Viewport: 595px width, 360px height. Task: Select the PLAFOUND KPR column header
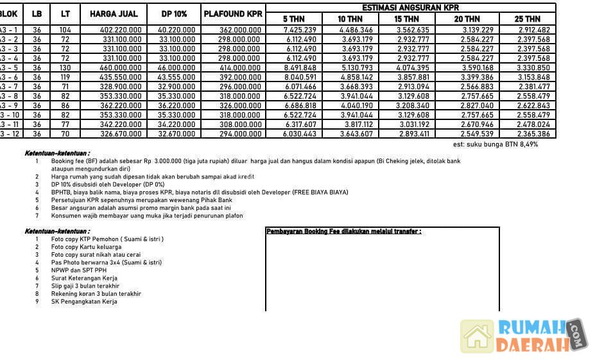click(233, 14)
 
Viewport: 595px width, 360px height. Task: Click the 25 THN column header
click(527, 19)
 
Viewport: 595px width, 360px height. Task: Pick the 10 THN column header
click(350, 19)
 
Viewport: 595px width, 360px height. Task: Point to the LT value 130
click(65, 68)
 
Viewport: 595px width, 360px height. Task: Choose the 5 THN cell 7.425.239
click(300, 30)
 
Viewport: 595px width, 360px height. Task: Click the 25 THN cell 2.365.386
click(533, 134)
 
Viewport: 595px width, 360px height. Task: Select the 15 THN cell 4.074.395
click(413, 68)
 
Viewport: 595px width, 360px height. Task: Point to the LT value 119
click(65, 78)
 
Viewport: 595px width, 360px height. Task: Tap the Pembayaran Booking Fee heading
click(344, 232)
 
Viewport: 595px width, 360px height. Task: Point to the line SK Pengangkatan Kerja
click(84, 302)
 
